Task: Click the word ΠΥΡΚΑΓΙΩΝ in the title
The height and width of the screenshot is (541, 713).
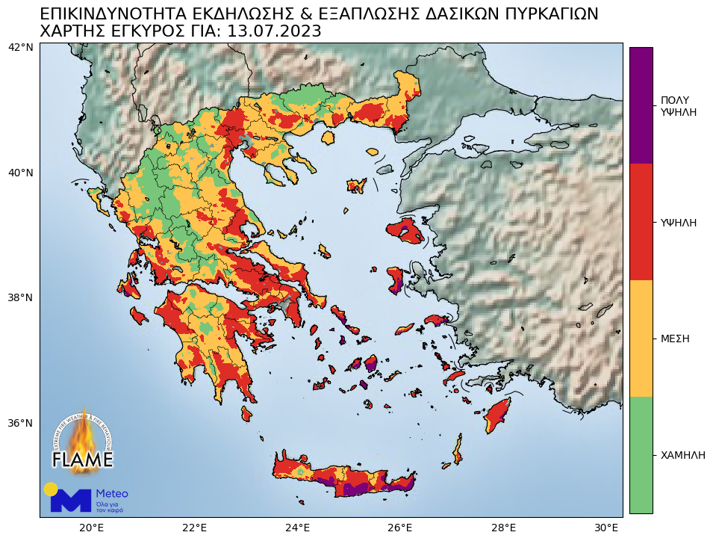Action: click(534, 14)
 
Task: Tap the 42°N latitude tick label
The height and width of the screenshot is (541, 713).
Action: click(20, 48)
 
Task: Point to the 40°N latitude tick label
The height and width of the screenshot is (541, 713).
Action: click(20, 173)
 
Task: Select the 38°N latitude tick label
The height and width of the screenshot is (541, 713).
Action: click(20, 297)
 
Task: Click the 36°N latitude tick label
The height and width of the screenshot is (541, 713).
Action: click(20, 423)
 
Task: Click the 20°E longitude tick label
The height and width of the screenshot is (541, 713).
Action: click(91, 528)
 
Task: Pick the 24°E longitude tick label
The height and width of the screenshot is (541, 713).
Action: click(298, 528)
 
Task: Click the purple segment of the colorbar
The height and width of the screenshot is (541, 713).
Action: click(641, 105)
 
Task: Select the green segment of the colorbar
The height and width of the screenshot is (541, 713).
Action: click(641, 454)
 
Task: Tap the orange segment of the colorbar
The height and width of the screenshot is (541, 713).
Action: click(641, 338)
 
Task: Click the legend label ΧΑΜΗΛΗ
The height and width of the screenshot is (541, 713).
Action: click(682, 455)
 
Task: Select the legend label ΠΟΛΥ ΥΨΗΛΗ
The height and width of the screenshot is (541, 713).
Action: click(678, 106)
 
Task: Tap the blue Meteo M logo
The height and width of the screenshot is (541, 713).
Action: click(71, 500)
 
